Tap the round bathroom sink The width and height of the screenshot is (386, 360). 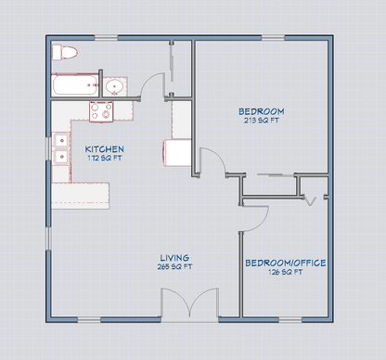(x=115, y=88)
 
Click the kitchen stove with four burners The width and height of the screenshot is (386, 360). (x=100, y=112)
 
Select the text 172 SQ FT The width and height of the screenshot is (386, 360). (x=103, y=158)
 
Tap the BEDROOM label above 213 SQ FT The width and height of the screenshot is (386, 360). (x=261, y=111)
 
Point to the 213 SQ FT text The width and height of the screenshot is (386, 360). (x=261, y=121)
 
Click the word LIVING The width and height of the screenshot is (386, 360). (x=174, y=258)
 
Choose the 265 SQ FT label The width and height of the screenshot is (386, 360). (x=174, y=267)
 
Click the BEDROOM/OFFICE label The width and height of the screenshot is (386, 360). (x=285, y=263)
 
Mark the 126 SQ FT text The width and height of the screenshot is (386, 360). (x=285, y=273)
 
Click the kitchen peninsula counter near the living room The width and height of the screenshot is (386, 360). (x=82, y=194)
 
